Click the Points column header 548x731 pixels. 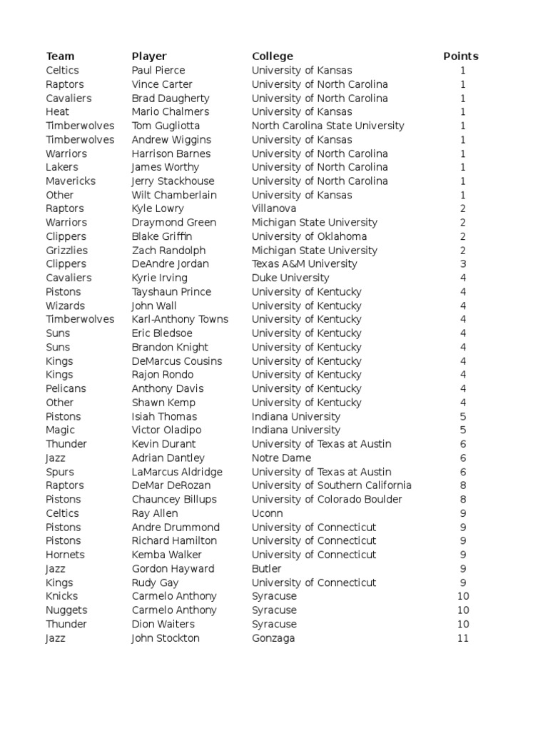click(x=460, y=56)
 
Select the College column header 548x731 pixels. click(x=272, y=56)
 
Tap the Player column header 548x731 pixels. click(x=149, y=56)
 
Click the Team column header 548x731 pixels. click(x=60, y=56)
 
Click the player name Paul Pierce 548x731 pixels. click(x=158, y=70)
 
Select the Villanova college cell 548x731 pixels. click(x=274, y=208)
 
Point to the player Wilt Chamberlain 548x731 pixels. click(x=174, y=195)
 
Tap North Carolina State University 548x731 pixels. click(x=328, y=126)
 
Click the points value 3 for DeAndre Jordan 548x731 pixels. click(x=463, y=264)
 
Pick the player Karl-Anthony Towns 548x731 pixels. click(x=180, y=319)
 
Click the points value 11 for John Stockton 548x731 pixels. click(x=463, y=638)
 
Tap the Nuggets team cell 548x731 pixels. click(x=66, y=610)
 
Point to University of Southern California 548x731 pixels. click(x=331, y=485)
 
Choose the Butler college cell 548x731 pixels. click(x=267, y=569)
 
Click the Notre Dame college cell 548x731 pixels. click(x=282, y=458)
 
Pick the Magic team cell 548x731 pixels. click(x=60, y=430)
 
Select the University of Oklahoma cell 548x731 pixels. click(x=309, y=236)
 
